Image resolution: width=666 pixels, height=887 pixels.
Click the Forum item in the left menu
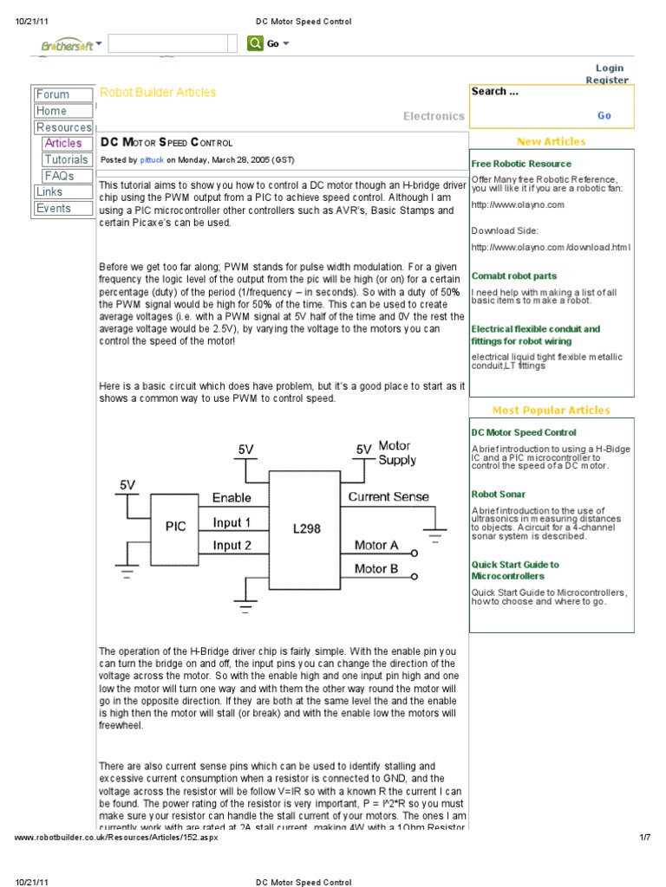point(53,94)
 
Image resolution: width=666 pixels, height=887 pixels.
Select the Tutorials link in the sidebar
point(67,159)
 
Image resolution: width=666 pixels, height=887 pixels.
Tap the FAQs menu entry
point(59,176)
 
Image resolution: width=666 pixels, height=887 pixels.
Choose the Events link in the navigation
point(54,208)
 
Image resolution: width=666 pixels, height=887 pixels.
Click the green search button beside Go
point(254,43)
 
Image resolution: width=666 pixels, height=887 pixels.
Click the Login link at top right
point(609,68)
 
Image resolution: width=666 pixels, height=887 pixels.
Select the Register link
point(607,80)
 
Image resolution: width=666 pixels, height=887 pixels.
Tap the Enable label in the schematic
point(232,498)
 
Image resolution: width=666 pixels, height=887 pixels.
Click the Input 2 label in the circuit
point(232,546)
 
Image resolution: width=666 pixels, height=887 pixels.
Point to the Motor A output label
point(376,546)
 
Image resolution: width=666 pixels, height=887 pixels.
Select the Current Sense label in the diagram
point(388,496)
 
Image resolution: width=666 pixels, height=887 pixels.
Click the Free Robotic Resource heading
point(521,163)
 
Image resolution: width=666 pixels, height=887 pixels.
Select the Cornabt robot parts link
point(514,275)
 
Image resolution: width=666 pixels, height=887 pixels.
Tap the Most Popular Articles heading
point(551,411)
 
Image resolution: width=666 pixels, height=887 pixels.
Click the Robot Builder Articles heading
point(159,92)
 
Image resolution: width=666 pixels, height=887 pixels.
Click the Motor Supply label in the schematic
point(396,453)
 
